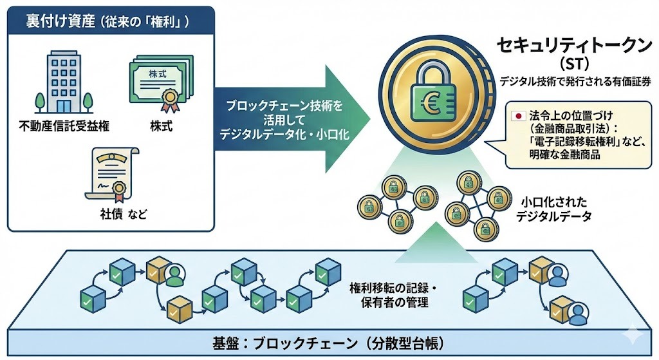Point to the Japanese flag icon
516,117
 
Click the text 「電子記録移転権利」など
582,141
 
